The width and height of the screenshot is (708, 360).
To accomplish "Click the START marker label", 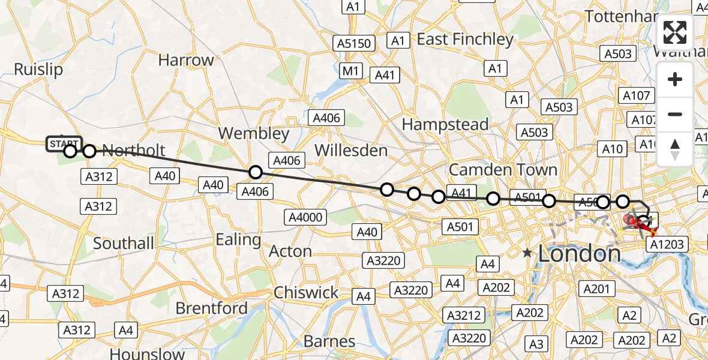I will click(x=63, y=144).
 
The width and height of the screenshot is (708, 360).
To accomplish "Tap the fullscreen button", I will click(x=675, y=32).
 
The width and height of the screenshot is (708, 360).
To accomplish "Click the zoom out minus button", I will click(x=675, y=114).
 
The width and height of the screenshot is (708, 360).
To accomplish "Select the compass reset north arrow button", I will click(x=675, y=149).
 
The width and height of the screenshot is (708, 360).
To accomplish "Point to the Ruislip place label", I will click(x=38, y=69).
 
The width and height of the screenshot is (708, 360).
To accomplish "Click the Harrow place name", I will click(x=186, y=60).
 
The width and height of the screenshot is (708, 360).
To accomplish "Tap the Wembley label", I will click(x=254, y=133).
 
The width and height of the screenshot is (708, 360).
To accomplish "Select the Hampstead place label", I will click(x=445, y=124).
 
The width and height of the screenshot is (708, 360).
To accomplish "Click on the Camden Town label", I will click(x=503, y=169).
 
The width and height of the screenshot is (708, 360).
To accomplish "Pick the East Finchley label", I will click(x=466, y=40).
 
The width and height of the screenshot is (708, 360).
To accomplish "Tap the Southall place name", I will click(x=124, y=244).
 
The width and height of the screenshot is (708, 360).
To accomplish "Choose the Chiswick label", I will click(x=306, y=293).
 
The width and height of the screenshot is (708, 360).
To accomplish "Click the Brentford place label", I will click(x=211, y=308).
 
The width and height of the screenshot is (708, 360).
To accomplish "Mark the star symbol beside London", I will click(x=527, y=253).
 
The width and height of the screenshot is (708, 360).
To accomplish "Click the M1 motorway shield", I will click(x=351, y=71).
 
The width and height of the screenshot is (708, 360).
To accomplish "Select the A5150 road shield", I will click(x=355, y=43).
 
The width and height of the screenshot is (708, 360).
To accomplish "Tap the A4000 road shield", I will click(x=305, y=217).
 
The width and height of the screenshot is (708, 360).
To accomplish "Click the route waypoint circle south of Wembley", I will click(x=256, y=172).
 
